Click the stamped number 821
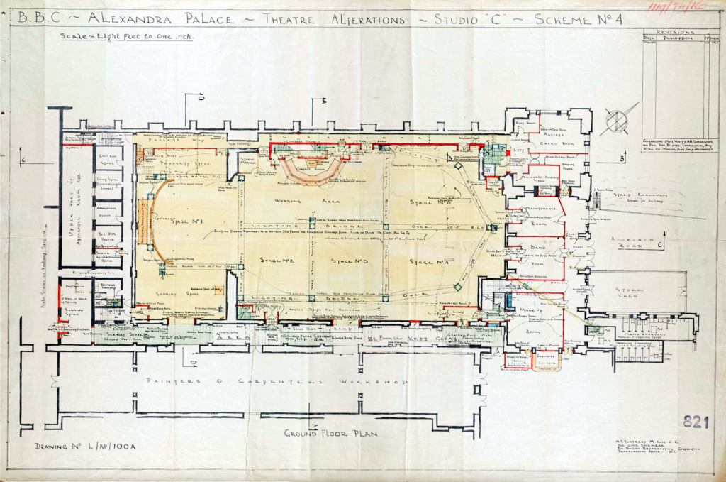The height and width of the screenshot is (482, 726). coord(696,422)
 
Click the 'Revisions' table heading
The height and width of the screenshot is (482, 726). coord(673,32)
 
